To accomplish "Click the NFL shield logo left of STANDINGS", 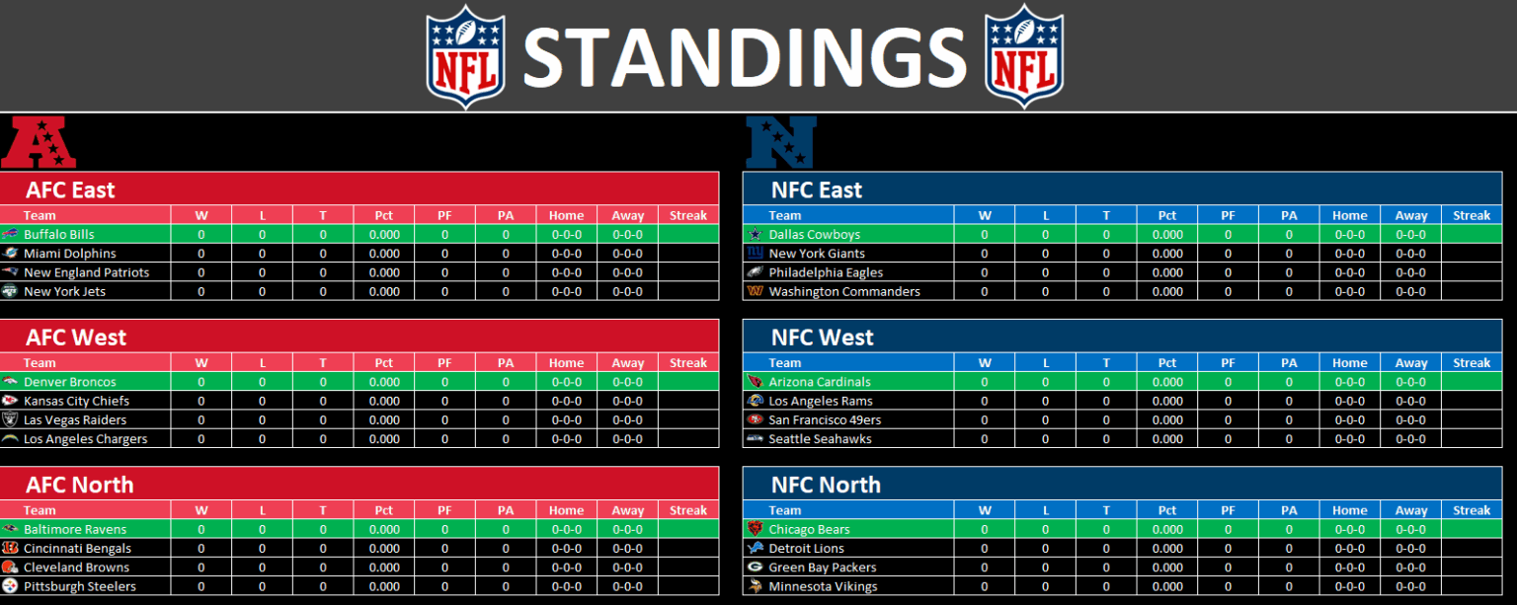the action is pyautogui.click(x=465, y=57).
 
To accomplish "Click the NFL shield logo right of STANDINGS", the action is pyautogui.click(x=1024, y=57).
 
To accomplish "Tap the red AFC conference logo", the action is pyautogui.click(x=39, y=142).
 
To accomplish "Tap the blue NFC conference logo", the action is pyautogui.click(x=781, y=142).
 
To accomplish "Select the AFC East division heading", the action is pyautogui.click(x=70, y=189).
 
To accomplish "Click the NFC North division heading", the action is pyautogui.click(x=826, y=485).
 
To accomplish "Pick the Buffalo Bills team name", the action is pyautogui.click(x=59, y=234).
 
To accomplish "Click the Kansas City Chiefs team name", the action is pyautogui.click(x=76, y=401).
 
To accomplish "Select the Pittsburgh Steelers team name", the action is pyautogui.click(x=80, y=586).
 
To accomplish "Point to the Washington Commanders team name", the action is pyautogui.click(x=844, y=291).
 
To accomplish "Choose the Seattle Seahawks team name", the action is pyautogui.click(x=820, y=438).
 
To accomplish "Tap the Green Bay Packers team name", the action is pyautogui.click(x=822, y=567).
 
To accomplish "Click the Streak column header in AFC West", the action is pyautogui.click(x=688, y=363).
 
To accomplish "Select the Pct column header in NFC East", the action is pyautogui.click(x=1166, y=215).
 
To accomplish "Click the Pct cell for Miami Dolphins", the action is pyautogui.click(x=384, y=253).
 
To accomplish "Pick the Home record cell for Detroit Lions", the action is pyautogui.click(x=1350, y=548).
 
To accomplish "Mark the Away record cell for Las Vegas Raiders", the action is pyautogui.click(x=628, y=419).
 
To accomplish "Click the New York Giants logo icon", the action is pyautogui.click(x=756, y=253).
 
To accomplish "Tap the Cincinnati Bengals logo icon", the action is pyautogui.click(x=10, y=548).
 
